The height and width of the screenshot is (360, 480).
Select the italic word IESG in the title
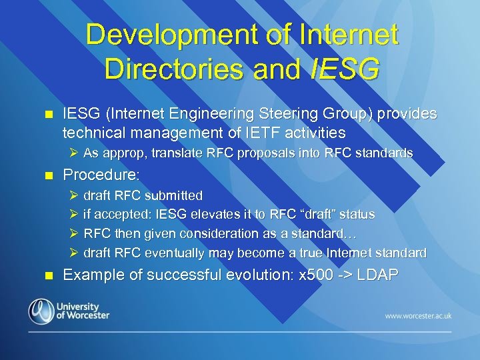tap(345, 67)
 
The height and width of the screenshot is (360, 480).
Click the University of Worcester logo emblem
tap(41, 311)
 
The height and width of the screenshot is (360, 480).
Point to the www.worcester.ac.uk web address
tap(418, 315)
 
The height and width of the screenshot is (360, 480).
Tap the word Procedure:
tap(101, 175)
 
